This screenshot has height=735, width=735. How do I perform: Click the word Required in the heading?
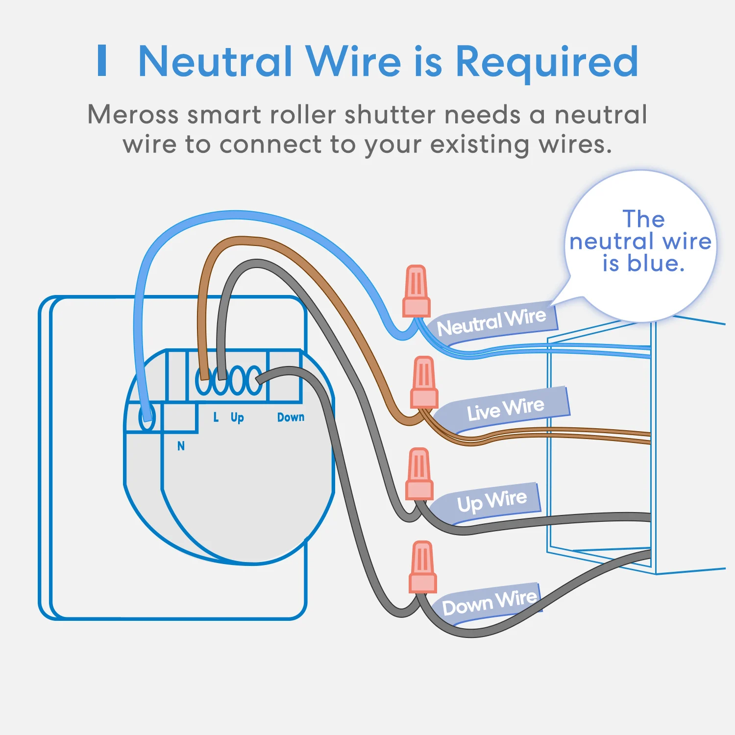[547, 62]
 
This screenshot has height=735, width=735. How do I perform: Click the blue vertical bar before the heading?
[102, 61]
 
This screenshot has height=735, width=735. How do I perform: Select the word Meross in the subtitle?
[133, 115]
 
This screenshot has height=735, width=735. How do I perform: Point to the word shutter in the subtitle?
[390, 115]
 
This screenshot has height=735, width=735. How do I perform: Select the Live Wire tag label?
[505, 409]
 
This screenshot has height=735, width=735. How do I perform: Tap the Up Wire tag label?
[491, 501]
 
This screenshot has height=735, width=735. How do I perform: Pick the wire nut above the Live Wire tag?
[424, 383]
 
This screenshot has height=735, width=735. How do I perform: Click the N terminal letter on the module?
[181, 446]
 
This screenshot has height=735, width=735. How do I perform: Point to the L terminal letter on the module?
[216, 417]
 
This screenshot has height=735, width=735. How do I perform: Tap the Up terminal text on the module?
[237, 417]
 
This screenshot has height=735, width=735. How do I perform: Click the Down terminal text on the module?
[291, 417]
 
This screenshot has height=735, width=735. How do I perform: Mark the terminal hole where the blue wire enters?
[147, 418]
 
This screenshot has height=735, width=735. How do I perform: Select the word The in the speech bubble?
[643, 219]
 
